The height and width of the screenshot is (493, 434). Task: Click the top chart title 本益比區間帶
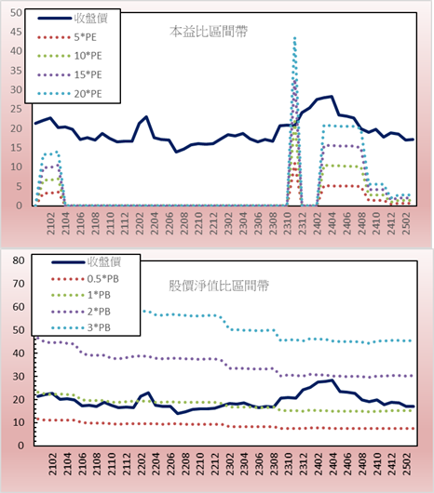(209, 32)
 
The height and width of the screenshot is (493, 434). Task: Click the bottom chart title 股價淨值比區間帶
(219, 286)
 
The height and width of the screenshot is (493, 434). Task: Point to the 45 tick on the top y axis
(16, 32)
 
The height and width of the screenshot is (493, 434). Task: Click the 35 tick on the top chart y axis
(16, 71)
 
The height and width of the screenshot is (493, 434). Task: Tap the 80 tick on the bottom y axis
(19, 260)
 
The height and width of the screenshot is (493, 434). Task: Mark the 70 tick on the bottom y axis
(19, 284)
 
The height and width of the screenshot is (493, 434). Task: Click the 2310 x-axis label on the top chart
(288, 223)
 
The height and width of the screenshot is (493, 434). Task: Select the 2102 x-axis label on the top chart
(50, 223)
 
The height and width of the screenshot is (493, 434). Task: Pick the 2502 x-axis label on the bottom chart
(408, 464)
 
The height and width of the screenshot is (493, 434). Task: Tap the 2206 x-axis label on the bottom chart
(170, 464)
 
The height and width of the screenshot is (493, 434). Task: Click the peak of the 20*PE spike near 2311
(294, 38)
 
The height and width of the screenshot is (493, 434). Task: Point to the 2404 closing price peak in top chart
(332, 97)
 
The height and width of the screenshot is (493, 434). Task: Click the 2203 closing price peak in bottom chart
(147, 393)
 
